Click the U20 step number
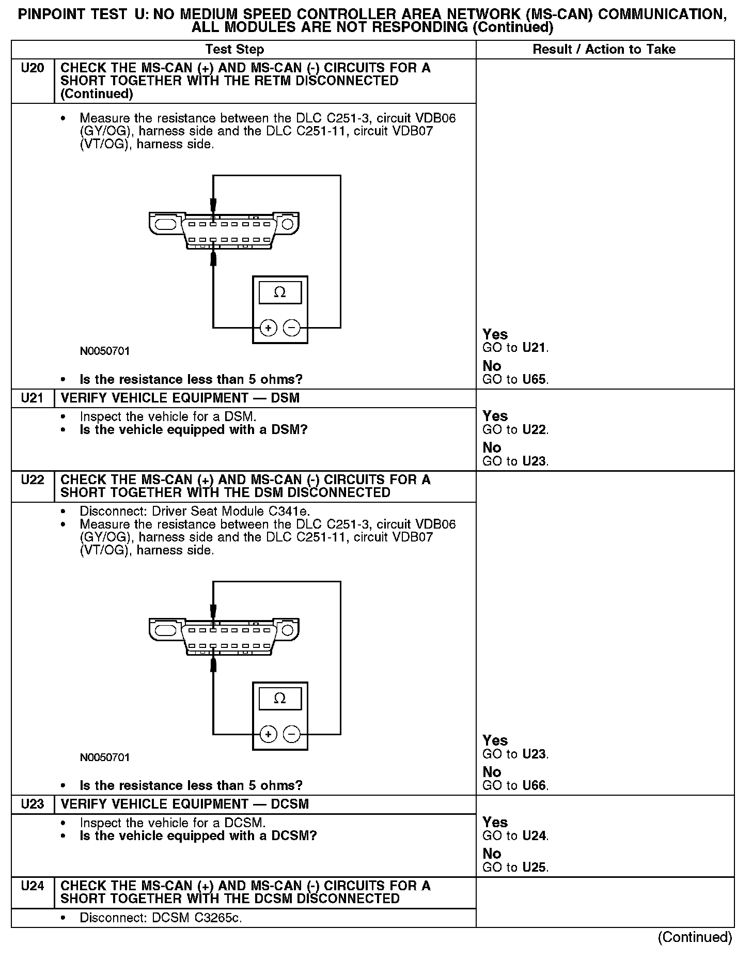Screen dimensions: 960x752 click(32, 68)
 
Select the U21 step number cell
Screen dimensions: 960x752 click(32, 398)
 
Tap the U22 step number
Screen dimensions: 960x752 click(32, 480)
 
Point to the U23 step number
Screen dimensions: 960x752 click(32, 804)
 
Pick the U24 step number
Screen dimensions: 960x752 click(32, 886)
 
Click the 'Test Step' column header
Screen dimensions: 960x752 click(234, 50)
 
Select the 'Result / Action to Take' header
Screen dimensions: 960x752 click(604, 50)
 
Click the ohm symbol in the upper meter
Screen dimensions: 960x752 click(279, 292)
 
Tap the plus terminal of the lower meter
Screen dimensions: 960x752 click(268, 734)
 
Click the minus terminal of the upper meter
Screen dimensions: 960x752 click(292, 328)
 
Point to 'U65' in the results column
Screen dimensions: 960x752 click(535, 380)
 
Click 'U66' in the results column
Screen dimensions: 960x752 click(535, 786)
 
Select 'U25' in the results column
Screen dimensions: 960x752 click(535, 868)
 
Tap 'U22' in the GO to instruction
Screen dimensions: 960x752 click(535, 430)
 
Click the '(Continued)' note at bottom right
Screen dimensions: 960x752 click(695, 937)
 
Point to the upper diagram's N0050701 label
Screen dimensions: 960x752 click(105, 351)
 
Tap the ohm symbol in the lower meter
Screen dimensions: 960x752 click(279, 699)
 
